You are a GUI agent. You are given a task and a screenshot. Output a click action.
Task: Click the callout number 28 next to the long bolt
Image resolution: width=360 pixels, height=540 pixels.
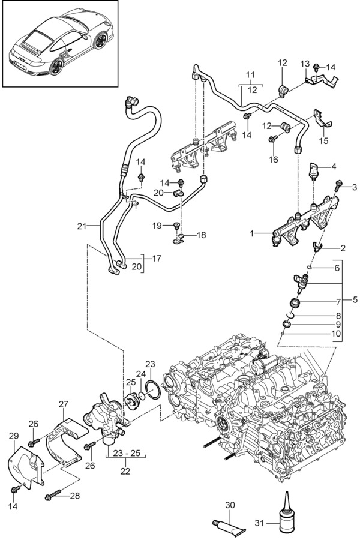point(74,495)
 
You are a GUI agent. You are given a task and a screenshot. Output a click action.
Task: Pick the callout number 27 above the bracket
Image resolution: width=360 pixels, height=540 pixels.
point(64,404)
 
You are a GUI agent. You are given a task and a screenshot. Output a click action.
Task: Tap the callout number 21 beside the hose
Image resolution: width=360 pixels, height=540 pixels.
point(83,226)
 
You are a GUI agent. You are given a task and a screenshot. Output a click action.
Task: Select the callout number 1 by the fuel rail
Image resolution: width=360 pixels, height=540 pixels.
point(253,232)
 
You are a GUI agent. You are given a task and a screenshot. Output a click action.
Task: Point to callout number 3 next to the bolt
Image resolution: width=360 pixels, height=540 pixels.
point(353,187)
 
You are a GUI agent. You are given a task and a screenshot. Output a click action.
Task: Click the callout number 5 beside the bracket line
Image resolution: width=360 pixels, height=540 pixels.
point(353,298)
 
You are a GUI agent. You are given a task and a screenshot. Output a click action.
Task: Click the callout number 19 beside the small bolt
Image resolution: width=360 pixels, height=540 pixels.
point(157,226)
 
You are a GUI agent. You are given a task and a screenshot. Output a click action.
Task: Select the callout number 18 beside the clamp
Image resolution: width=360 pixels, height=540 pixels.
point(200,235)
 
